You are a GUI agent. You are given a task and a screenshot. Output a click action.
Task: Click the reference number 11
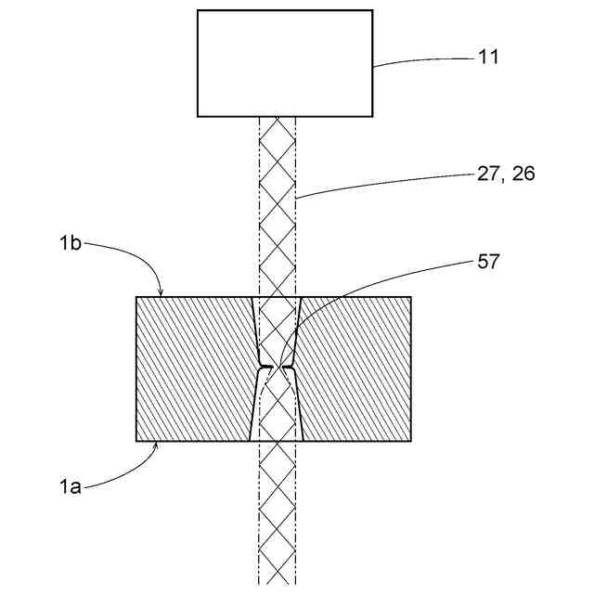pos(488,58)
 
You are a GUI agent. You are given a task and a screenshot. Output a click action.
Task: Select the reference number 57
pos(488,261)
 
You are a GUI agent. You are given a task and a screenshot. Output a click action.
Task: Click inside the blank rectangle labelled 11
pos(285,63)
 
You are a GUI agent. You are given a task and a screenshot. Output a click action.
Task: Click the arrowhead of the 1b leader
pos(161,295)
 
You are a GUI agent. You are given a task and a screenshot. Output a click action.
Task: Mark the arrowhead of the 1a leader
pos(159,444)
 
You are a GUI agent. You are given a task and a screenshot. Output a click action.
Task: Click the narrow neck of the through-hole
pos(277,368)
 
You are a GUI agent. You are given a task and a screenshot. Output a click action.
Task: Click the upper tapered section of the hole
pos(277,329)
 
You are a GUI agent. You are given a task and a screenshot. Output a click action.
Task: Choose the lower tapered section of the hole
pos(277,408)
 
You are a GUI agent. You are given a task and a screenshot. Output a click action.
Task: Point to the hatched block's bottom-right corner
pos(410,441)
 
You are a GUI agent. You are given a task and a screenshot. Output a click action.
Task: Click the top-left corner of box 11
pos(198,10)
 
